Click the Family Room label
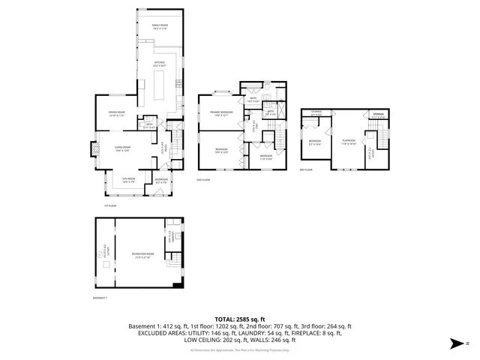click(x=160, y=26)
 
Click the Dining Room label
click(x=115, y=114)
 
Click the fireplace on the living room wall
click(x=94, y=149)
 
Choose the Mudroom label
click(x=161, y=181)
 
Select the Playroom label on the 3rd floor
click(x=349, y=141)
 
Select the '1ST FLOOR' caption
click(x=111, y=205)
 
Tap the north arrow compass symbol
click(x=454, y=344)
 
